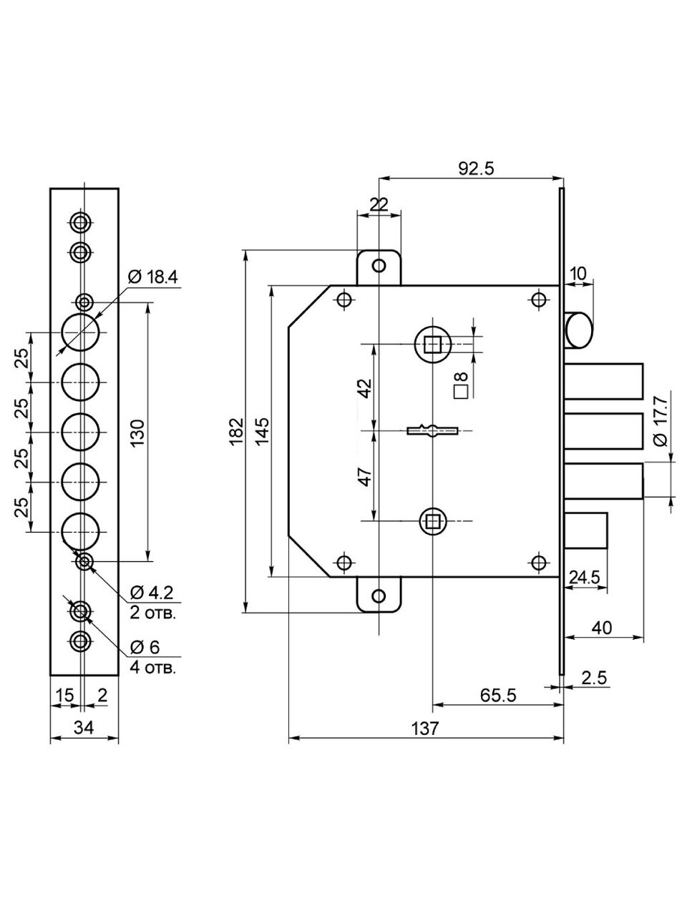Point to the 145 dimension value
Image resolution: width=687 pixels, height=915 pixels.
(262, 431)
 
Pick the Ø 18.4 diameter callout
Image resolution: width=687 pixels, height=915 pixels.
(152, 277)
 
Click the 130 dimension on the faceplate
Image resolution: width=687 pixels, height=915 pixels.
(137, 432)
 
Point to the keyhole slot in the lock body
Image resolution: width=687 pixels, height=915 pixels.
(432, 430)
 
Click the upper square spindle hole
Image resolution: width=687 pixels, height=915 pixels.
(432, 345)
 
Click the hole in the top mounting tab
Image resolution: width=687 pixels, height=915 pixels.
(379, 266)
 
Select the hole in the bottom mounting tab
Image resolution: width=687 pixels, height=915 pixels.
(379, 595)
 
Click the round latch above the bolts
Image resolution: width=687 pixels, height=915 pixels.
(578, 330)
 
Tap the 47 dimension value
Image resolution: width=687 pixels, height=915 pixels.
(365, 477)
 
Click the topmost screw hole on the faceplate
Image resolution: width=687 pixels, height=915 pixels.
(81, 222)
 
